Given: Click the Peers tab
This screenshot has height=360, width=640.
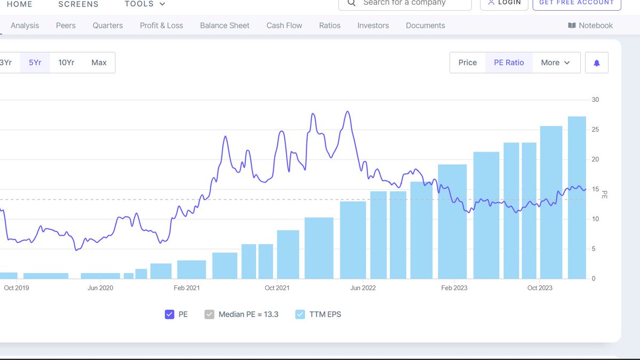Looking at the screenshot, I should tap(66, 26).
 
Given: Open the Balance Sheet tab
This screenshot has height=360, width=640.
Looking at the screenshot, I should tap(225, 26).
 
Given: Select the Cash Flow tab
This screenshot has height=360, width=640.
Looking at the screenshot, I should tap(284, 26).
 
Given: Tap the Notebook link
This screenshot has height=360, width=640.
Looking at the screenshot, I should tap(590, 26).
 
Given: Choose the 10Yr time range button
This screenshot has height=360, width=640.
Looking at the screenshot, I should tap(66, 62).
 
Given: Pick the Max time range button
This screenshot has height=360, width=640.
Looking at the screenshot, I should tap(99, 62).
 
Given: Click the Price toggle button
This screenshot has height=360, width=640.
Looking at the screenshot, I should tap(467, 62).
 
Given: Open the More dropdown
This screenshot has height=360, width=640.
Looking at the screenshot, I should tap(555, 62).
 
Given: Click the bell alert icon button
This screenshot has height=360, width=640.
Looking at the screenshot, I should tap(596, 63).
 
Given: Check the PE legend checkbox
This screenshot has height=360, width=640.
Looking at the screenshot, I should tap(170, 315).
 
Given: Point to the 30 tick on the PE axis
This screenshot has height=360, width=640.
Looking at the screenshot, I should tap(595, 100).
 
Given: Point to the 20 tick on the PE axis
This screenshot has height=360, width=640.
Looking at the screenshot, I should tap(595, 159).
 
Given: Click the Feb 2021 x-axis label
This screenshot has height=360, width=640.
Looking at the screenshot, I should tap(187, 288).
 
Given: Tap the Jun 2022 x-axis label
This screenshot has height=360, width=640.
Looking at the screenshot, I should tap(363, 288).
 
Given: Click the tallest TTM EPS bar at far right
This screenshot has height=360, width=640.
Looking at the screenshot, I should tap(577, 197).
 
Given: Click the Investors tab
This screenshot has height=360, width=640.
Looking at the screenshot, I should tap(373, 26).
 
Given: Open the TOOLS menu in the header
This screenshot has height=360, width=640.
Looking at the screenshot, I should tap(145, 4).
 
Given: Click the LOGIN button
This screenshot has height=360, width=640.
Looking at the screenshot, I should tap(504, 3).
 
